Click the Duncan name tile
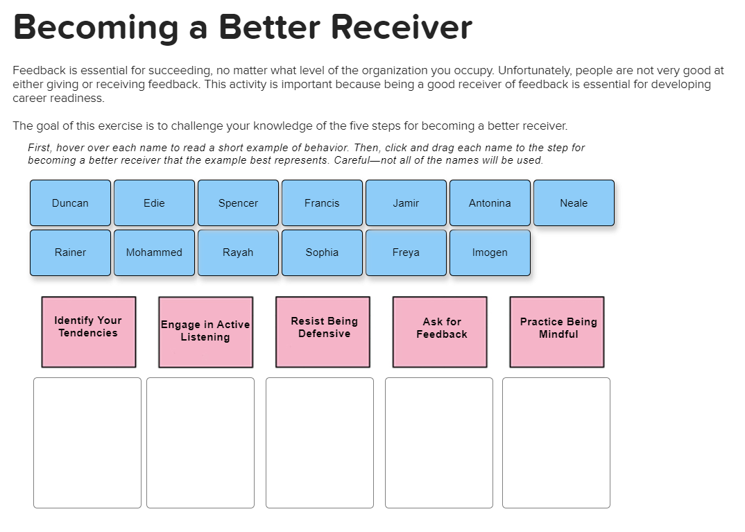pyautogui.click(x=70, y=203)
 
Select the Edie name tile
pyautogui.click(x=154, y=203)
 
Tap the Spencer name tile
pyautogui.click(x=238, y=203)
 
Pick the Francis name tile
pyautogui.click(x=322, y=203)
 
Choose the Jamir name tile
pyautogui.click(x=406, y=203)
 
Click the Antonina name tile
pyautogui.click(x=490, y=203)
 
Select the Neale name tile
pyautogui.click(x=574, y=203)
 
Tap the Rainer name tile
pyautogui.click(x=70, y=252)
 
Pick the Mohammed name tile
pyautogui.click(x=154, y=252)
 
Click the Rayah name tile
pyautogui.click(x=238, y=252)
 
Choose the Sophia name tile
pyautogui.click(x=322, y=252)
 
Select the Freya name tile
pyautogui.click(x=406, y=252)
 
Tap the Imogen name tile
pyautogui.click(x=490, y=252)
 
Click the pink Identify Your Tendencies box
pyautogui.click(x=89, y=332)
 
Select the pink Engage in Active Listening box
pyautogui.click(x=205, y=332)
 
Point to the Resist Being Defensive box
pyautogui.click(x=323, y=332)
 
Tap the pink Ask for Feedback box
pyautogui.click(x=440, y=332)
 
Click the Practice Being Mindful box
pyautogui.click(x=557, y=332)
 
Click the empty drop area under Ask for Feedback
pyautogui.click(x=438, y=443)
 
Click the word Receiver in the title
pyautogui.click(x=402, y=27)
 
